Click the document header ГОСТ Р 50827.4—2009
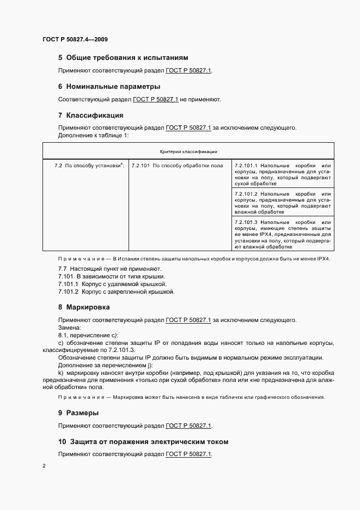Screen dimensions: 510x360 tap(78, 40)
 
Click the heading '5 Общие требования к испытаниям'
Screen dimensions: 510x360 tap(123, 57)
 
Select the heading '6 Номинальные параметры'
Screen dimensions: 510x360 tap(109, 86)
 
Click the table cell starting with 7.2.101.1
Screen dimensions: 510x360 tap(283, 174)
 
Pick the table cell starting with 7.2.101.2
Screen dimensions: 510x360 tap(283, 203)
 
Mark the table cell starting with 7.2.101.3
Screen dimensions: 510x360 tap(283, 234)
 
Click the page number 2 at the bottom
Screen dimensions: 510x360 tap(44, 466)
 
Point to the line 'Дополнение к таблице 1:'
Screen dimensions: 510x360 tap(93, 135)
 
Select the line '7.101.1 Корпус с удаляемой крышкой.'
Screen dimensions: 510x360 tap(112, 284)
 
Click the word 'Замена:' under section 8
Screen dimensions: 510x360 tap(69, 327)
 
